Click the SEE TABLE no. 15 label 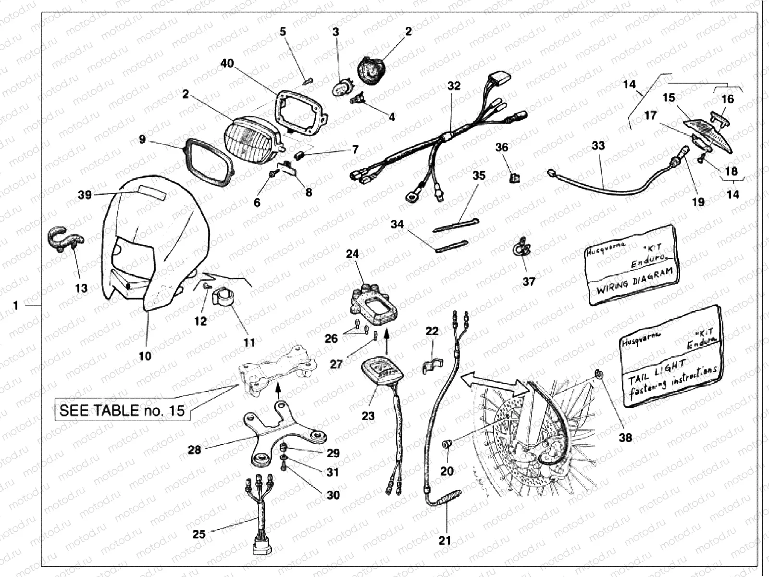(122, 410)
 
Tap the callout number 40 (227, 63)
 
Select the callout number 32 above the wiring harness (454, 86)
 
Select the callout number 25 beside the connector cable (199, 534)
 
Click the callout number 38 (625, 438)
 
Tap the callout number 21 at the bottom (445, 540)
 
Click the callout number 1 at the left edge (16, 305)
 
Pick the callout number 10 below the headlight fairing (145, 356)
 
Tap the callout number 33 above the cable (598, 145)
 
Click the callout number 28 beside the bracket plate (195, 450)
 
